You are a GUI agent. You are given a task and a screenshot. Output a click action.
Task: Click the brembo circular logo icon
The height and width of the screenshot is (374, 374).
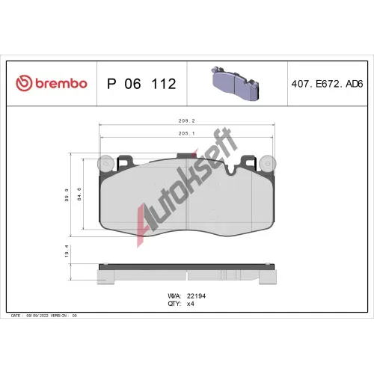[24, 83]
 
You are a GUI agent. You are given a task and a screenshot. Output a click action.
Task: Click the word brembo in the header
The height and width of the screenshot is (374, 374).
[61, 83]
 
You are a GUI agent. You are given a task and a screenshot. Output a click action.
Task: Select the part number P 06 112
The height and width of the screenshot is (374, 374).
[141, 84]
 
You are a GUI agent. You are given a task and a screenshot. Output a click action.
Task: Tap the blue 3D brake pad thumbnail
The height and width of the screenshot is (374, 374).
[236, 83]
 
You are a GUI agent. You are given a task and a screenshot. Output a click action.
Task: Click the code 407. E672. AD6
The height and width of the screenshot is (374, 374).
[327, 84]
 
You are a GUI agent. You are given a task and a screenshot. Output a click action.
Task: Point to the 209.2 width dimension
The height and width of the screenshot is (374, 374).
[186, 121]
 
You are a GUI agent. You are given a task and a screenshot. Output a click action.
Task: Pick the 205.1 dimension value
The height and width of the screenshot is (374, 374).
[186, 133]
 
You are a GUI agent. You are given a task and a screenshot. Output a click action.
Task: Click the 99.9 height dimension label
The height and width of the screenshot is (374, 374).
[67, 195]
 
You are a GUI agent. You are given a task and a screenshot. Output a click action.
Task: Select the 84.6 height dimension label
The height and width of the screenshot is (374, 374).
[79, 194]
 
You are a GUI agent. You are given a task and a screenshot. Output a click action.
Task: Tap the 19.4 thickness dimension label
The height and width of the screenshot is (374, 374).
[67, 251]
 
